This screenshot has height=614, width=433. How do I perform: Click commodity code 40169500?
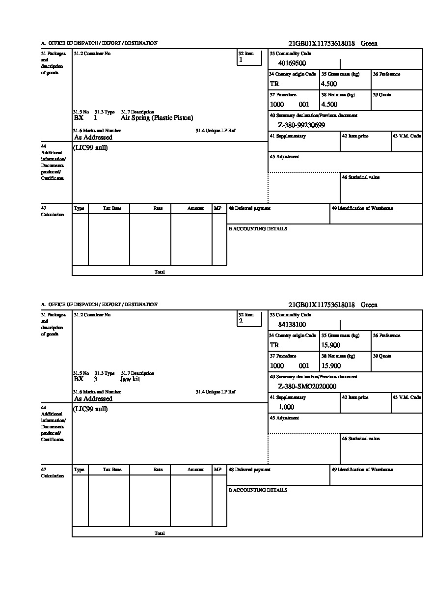[292, 63]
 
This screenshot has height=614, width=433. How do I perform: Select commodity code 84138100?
[292, 325]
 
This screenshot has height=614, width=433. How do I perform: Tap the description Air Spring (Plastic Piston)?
[157, 118]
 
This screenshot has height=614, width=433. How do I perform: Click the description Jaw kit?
[130, 379]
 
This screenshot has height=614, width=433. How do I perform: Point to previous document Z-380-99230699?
[301, 125]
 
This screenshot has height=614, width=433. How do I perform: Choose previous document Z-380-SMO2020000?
[307, 387]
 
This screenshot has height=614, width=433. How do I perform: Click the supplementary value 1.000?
[286, 407]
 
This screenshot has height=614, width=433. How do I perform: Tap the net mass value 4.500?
[329, 105]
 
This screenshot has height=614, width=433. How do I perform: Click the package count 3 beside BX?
[95, 379]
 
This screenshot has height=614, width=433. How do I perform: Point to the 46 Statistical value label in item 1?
[360, 177]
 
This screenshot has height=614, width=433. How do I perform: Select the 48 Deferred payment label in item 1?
[249, 208]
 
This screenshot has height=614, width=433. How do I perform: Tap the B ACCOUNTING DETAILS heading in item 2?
[258, 490]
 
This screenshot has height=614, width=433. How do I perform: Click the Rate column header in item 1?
[158, 208]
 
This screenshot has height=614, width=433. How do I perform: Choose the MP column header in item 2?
[217, 470]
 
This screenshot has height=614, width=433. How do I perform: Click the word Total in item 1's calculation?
[160, 272]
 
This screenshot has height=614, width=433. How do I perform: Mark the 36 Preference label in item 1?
[386, 74]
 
